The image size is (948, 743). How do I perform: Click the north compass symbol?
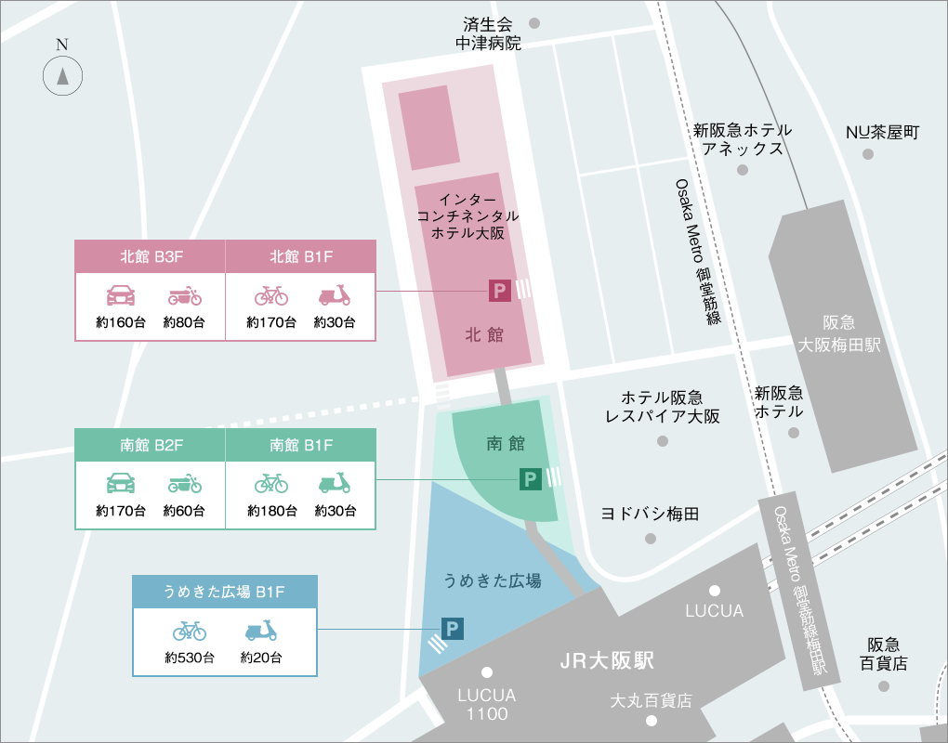point(62,75)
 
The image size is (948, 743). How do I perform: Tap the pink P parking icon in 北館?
point(500,292)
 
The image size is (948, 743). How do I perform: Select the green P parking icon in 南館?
point(530,479)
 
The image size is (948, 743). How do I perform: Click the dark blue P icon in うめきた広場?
point(453,630)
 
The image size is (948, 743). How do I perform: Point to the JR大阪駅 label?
point(607,661)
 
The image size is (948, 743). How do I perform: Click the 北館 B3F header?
point(150,256)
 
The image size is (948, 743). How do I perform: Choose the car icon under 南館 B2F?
point(121,484)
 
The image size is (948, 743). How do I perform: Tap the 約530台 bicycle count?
point(190,658)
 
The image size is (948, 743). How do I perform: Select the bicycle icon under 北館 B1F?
point(271,296)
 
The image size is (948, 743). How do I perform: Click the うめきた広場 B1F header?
point(224,592)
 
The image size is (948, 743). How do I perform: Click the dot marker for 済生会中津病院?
point(534,22)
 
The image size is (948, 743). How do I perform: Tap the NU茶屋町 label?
point(881,133)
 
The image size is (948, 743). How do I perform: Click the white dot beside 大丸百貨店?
point(652,721)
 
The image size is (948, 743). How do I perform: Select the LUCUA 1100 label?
point(487,704)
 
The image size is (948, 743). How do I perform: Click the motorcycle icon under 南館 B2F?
point(185,484)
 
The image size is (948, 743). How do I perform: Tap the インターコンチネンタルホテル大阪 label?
point(467,216)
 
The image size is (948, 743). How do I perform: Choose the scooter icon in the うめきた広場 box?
point(261,632)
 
